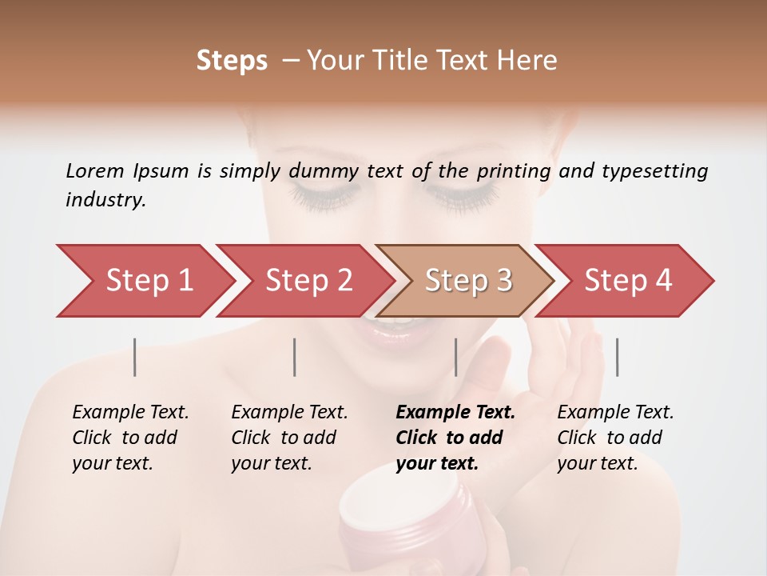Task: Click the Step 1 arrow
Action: click(x=149, y=281)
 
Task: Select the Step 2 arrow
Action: click(x=308, y=281)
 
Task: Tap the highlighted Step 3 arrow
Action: click(x=467, y=281)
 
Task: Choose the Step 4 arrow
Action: click(x=627, y=281)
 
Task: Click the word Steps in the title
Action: click(x=232, y=61)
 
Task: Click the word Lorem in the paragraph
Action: click(x=94, y=170)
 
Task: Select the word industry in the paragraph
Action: click(x=105, y=200)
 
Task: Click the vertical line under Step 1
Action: click(x=135, y=357)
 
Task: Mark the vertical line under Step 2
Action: click(x=295, y=357)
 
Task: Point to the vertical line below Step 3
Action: click(x=455, y=357)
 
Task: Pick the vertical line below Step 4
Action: click(x=617, y=357)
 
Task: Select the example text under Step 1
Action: click(x=130, y=438)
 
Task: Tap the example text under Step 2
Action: click(x=289, y=438)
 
